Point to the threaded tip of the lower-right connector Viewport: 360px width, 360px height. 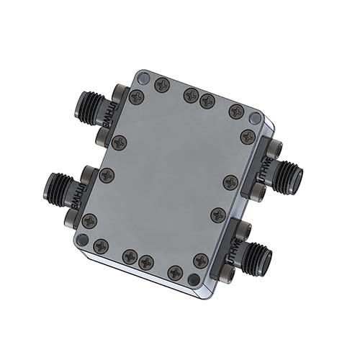point(265,255)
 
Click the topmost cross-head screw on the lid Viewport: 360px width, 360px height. point(163,84)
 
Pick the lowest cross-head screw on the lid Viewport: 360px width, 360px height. point(174,272)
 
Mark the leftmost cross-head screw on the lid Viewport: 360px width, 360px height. point(89,221)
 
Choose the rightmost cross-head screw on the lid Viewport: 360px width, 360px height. point(247,136)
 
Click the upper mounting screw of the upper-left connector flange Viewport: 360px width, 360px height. point(120,93)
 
